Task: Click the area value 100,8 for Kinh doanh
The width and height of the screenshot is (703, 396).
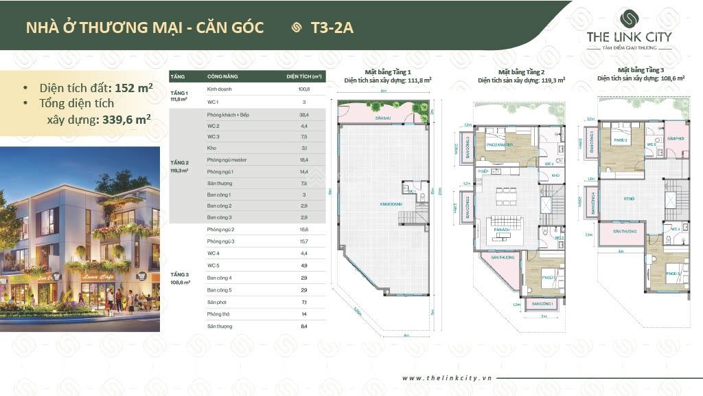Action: (303, 89)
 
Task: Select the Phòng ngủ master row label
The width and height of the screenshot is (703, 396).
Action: (227, 159)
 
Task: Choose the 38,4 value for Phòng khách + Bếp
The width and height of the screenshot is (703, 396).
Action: (303, 114)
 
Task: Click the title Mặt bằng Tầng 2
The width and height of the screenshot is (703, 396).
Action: (521, 71)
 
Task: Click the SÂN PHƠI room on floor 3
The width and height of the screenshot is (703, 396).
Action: (676, 138)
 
